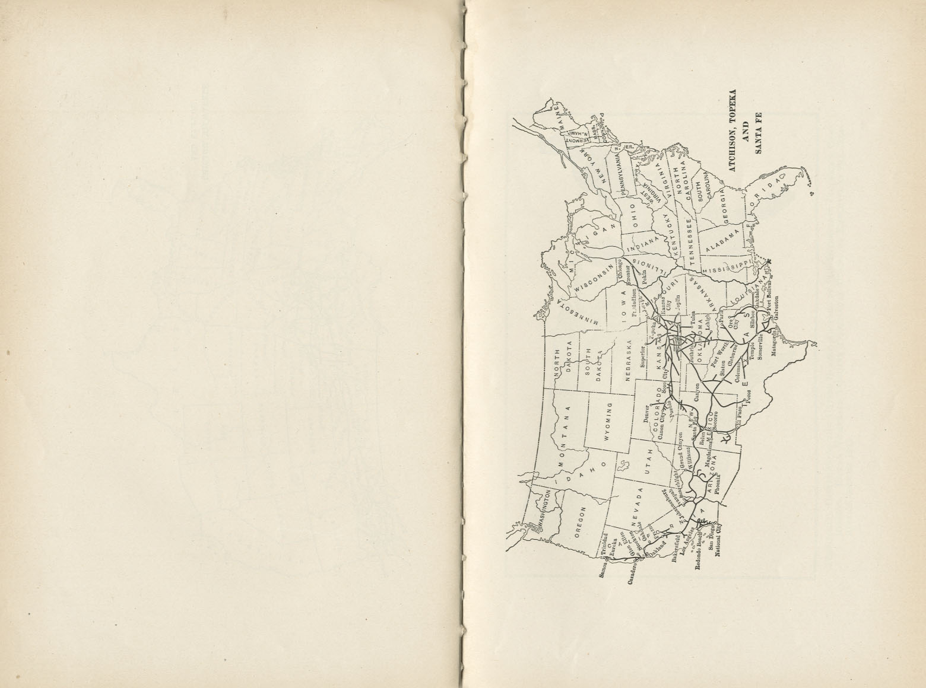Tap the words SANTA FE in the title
pos(758,133)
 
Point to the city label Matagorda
pos(773,344)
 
